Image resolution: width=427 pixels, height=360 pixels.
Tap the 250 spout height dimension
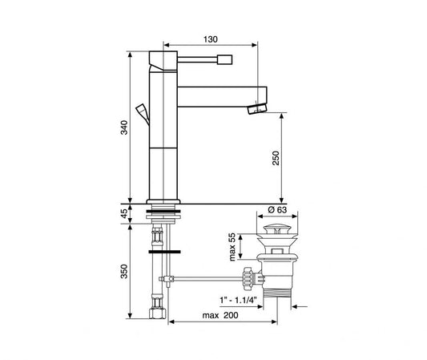tap(275, 158)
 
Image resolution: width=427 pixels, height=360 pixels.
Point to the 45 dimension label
tap(122, 213)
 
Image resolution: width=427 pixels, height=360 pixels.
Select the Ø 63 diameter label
tap(277, 209)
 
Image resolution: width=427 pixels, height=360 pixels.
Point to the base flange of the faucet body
tap(165, 200)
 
